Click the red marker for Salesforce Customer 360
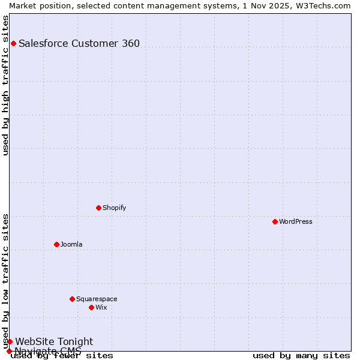[13, 43]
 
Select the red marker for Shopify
[98, 208]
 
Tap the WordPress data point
[275, 221]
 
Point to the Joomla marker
[56, 244]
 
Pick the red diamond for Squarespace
[72, 299]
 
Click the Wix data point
[91, 307]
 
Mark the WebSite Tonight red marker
[10, 341]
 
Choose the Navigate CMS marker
[9, 351]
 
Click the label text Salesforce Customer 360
[79, 43]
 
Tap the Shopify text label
[114, 208]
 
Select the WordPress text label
[295, 221]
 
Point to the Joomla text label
[71, 244]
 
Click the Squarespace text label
[97, 299]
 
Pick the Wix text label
[101, 307]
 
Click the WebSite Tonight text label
[54, 341]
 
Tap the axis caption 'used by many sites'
[301, 355]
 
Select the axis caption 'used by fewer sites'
[62, 355]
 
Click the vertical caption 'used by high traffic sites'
[6, 85]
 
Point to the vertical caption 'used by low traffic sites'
[6, 281]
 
